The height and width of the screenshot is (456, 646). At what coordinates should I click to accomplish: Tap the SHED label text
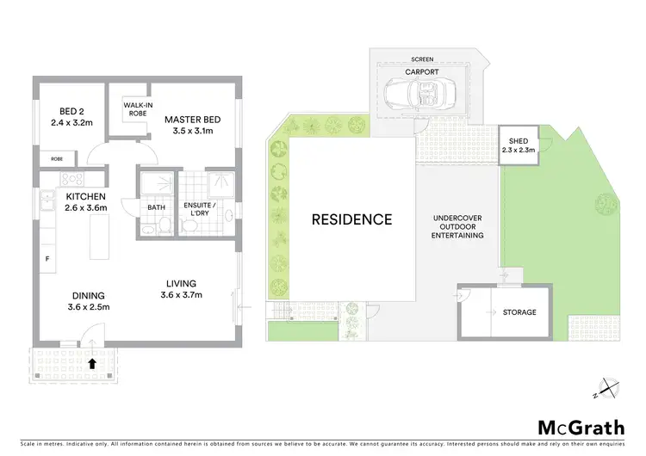pos(519,141)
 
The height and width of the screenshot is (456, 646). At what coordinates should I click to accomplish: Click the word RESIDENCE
pos(351,219)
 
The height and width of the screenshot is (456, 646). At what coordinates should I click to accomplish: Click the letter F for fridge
pos(46,258)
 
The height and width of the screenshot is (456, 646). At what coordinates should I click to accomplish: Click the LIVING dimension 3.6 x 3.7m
pos(182,295)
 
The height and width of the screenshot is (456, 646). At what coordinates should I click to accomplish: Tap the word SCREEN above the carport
pos(423,60)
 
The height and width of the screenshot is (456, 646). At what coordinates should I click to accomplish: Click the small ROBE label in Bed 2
pos(56,159)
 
